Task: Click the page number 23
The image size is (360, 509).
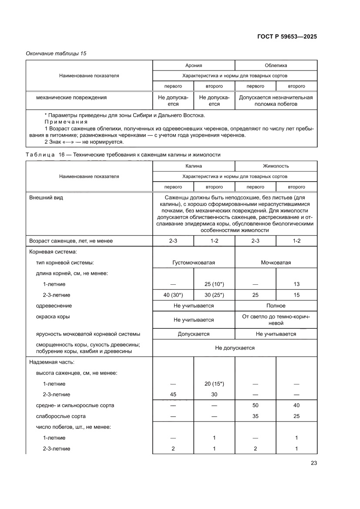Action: click(313, 463)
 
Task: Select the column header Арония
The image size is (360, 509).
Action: click(194, 65)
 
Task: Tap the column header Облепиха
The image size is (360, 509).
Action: click(276, 65)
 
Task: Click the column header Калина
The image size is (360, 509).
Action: click(194, 166)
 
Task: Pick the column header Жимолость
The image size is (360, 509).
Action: click(276, 166)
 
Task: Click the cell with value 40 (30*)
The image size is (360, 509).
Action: click(173, 295)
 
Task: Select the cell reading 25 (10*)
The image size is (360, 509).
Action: click(214, 284)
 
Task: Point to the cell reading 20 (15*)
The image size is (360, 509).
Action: click(214, 384)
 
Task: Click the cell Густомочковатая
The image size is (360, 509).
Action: click(194, 263)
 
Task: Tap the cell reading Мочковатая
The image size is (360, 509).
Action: click(276, 263)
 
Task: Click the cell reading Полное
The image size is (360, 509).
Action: click(276, 306)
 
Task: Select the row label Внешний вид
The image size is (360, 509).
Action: click(46, 197)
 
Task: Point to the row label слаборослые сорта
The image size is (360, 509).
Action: click(61, 416)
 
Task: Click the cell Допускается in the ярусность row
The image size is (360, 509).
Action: click(194, 334)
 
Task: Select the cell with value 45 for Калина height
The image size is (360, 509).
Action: click(173, 394)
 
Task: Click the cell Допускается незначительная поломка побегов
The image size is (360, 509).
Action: click(276, 101)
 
